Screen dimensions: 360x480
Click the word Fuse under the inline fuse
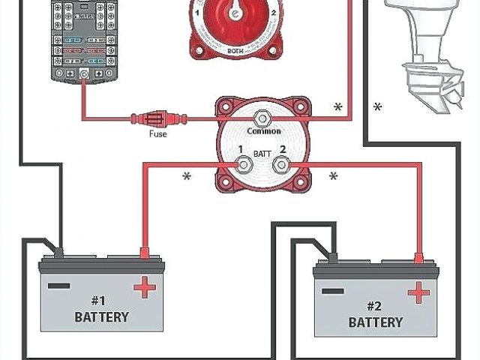click(x=157, y=134)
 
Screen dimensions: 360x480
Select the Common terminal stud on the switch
click(x=262, y=117)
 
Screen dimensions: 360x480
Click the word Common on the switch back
click(x=264, y=131)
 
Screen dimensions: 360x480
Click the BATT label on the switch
click(x=262, y=152)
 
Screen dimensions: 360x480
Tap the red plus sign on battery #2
click(x=416, y=292)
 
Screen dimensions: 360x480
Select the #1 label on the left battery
click(x=100, y=298)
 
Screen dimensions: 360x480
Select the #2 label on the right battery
click(x=375, y=305)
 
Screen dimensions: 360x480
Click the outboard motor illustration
click(x=427, y=52)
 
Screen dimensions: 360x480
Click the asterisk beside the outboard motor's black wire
click(x=377, y=108)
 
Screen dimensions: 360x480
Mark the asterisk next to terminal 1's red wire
click(x=187, y=178)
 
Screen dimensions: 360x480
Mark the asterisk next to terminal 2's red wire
click(x=333, y=177)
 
